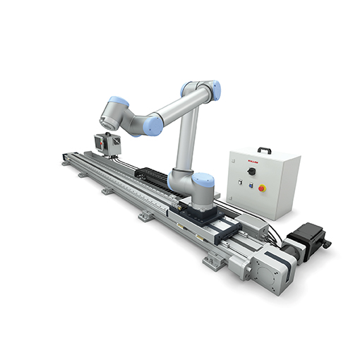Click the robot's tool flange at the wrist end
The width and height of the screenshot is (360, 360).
coord(105,111)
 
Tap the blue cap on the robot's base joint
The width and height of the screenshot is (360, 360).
coord(203,181)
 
